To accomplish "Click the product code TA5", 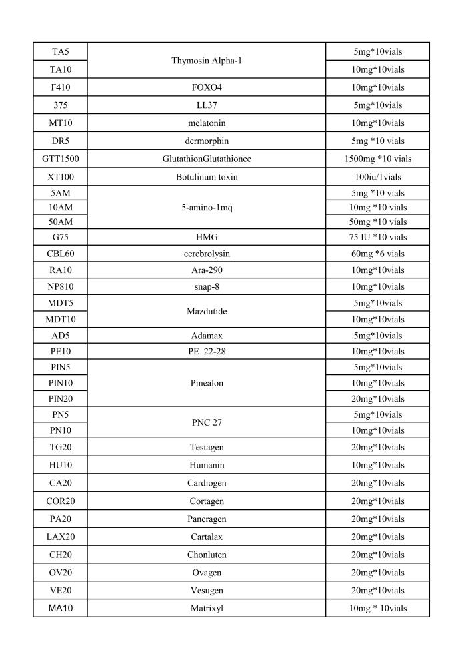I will (60, 51).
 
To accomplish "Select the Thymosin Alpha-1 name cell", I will (206, 60).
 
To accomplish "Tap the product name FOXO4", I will (206, 87).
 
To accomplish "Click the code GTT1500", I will (60, 159).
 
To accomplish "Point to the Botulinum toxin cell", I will (206, 177).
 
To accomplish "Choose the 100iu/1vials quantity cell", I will (377, 177).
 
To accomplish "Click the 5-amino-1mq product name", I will (206, 208).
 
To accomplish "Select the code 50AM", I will (60, 222).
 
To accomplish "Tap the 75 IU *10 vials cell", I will (377, 237).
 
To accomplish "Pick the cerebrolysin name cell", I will (206, 254).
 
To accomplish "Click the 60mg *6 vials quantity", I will (377, 254).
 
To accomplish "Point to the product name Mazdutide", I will (206, 311).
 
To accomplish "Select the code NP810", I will (60, 286).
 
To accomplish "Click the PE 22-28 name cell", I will (206, 352).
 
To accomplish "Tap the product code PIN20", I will (60, 399).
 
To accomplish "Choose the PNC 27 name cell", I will (206, 422).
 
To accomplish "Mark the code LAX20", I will (60, 537).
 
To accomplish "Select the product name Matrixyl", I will (206, 608).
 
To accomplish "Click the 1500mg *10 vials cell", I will (377, 159).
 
